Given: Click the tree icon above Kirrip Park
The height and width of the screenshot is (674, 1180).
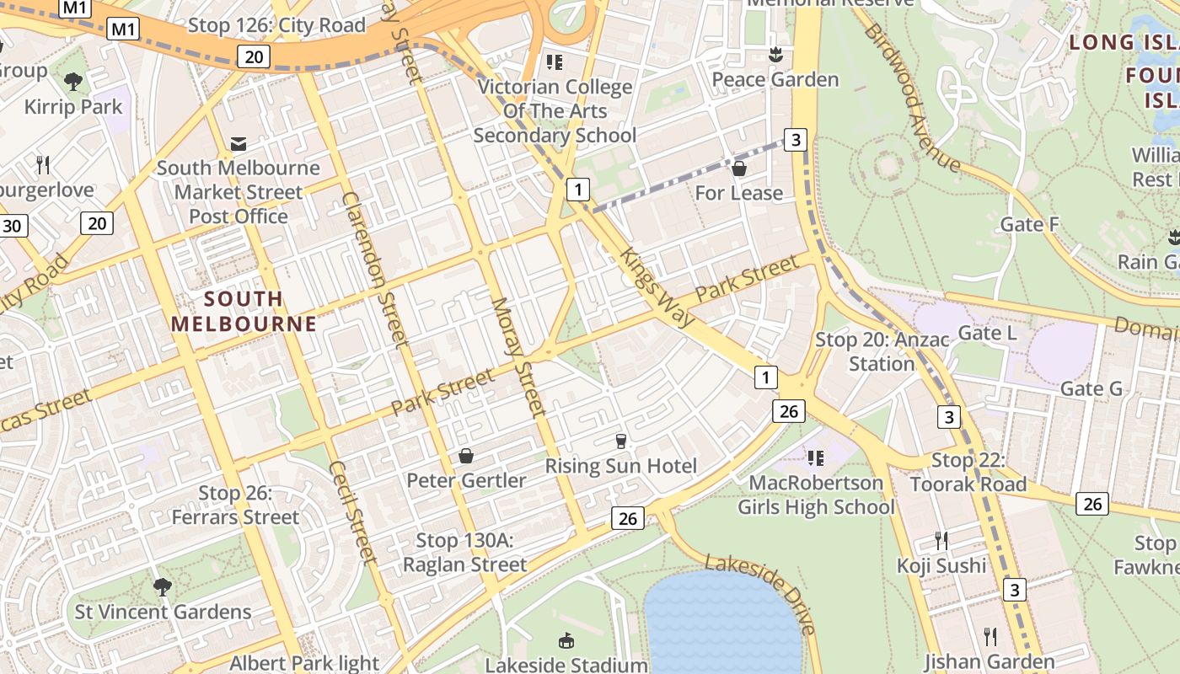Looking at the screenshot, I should (73, 81).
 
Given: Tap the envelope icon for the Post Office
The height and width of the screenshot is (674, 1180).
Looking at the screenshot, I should (239, 144).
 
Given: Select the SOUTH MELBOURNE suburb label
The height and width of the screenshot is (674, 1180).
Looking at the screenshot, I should (244, 311).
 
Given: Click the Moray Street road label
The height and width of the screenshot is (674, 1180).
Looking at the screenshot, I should (519, 356).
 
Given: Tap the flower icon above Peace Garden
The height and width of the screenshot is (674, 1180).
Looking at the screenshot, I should (775, 55).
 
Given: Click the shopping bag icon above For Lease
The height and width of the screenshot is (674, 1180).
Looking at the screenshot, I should (739, 168).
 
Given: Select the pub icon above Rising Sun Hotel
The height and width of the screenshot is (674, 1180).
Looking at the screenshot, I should (621, 441).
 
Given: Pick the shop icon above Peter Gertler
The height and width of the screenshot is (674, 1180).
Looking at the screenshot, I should (465, 456).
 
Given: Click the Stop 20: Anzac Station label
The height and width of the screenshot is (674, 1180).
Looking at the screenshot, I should (882, 352).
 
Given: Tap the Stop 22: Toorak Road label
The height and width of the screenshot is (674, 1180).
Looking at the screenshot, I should (968, 473).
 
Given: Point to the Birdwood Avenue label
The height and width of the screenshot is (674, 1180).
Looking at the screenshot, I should (911, 97).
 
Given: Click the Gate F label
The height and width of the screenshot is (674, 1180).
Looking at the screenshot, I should (1029, 224).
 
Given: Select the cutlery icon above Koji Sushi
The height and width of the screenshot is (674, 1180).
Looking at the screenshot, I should (941, 540).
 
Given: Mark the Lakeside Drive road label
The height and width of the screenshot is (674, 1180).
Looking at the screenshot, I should (761, 593).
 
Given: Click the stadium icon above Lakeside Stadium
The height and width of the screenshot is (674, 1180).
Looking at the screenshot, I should (566, 640).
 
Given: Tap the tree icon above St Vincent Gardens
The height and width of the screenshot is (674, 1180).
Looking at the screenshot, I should (163, 586).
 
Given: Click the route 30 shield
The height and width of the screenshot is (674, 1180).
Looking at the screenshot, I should (12, 226).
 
